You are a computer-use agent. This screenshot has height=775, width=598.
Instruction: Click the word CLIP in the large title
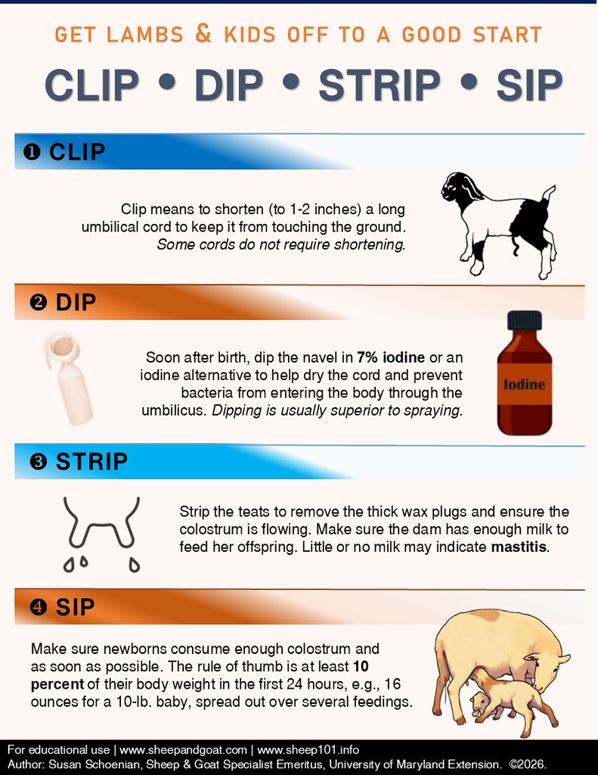[91, 85]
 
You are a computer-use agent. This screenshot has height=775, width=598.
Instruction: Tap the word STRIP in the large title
[380, 85]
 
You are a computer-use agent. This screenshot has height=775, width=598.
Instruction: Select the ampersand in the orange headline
[203, 33]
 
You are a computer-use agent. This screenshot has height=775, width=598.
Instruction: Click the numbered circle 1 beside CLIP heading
[32, 152]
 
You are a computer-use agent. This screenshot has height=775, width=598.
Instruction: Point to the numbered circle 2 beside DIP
[38, 302]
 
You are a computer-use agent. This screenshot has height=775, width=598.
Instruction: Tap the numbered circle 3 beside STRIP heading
[38, 462]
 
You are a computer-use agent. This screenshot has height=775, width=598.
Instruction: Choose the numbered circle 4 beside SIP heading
[38, 606]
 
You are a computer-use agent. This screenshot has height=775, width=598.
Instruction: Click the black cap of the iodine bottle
[525, 320]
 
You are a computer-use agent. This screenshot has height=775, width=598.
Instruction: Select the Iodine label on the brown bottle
[525, 384]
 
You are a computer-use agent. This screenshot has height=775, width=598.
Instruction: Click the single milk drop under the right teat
[134, 564]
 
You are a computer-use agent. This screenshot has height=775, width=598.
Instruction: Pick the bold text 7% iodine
[391, 357]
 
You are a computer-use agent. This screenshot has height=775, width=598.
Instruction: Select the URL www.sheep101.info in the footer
[308, 750]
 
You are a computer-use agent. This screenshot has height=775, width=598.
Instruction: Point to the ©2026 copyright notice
[528, 764]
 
